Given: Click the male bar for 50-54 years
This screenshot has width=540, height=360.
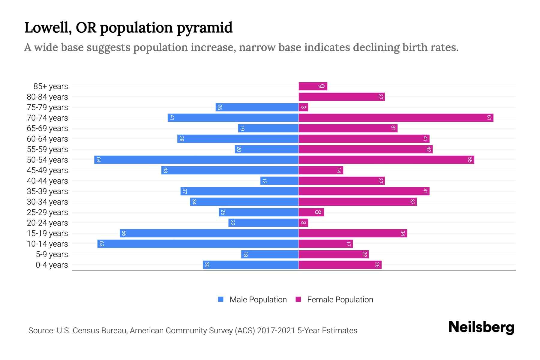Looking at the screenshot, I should pos(196,160).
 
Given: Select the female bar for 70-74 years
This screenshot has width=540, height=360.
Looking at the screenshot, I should pos(396,118).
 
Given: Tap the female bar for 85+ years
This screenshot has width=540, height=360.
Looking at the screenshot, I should pos(313,86).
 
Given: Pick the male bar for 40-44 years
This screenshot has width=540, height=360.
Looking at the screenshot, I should pos(279,181).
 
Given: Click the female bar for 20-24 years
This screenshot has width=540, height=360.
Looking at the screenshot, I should pos(303,223).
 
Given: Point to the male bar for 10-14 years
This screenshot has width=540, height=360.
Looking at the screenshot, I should pos(198,244).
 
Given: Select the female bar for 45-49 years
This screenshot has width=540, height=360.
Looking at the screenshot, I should pos(321,170).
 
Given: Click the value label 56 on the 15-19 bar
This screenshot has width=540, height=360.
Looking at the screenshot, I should pos(124,233).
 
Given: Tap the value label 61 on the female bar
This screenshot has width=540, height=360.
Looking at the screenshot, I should pos(489,118).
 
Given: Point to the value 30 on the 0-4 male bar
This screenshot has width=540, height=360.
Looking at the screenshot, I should pos(207,265).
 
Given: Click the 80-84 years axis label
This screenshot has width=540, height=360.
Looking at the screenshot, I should pos(47,97).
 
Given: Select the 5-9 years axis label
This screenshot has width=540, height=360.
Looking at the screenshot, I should pos(52,254).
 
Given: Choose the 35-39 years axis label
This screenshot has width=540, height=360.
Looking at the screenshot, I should pos(47,191).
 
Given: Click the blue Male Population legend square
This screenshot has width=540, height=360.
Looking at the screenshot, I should pos(221,299).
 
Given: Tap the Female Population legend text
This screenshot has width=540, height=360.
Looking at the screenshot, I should pos(340,299).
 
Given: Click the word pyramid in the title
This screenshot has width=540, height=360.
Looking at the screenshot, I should pos(204,28).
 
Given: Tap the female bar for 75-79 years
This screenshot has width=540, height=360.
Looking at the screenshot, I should pos(303,107).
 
